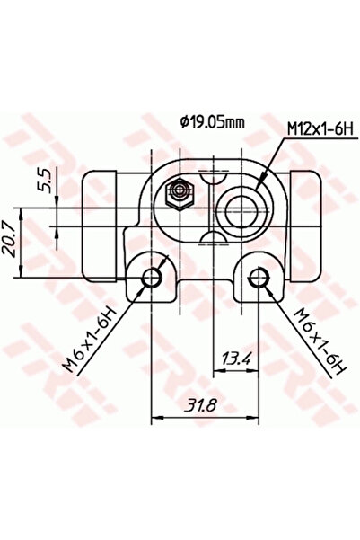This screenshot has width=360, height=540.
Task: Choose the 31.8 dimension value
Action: (205, 406)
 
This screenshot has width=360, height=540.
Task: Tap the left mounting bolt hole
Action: (152, 278)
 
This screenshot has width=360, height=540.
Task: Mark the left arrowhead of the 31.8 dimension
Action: (156, 417)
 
